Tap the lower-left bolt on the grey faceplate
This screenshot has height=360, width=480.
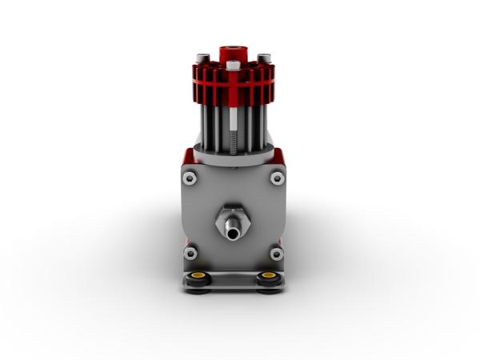point(190,254)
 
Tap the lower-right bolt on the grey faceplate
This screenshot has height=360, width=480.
point(277,254)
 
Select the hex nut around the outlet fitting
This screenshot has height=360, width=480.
point(232,216)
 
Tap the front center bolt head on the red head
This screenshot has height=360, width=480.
point(233,65)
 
